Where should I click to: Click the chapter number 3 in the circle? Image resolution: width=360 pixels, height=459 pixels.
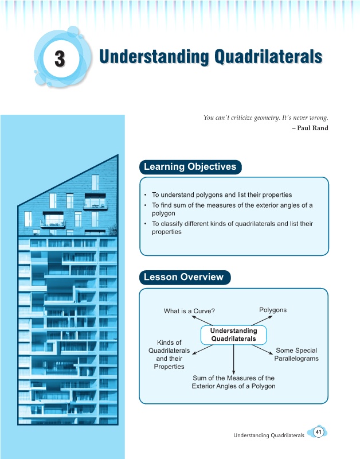60,59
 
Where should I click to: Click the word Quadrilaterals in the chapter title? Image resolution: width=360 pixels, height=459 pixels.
268,56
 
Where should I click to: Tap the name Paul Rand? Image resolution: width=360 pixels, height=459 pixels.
312,128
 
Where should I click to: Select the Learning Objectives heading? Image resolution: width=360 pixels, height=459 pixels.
190,167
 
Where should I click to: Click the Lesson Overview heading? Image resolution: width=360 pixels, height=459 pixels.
185,277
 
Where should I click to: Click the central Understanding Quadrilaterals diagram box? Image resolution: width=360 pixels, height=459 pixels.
234,335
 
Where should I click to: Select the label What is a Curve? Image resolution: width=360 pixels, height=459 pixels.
189,311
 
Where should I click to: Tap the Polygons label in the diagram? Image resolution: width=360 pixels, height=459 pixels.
273,310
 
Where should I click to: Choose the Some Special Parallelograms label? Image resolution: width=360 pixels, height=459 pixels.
296,355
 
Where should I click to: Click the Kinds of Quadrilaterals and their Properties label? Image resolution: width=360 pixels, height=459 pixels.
169,355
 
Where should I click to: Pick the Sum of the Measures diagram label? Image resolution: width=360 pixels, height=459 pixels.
233,382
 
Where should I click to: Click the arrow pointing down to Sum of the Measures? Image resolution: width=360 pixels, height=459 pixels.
233,359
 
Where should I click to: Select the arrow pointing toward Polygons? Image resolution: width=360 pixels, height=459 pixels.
262,321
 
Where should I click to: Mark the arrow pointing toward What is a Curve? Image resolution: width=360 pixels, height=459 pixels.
202,321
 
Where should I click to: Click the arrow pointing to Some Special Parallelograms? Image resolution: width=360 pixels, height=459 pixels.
263,349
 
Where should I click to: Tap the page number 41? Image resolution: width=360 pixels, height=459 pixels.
319,432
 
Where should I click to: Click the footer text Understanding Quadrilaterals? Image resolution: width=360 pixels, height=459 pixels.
269,435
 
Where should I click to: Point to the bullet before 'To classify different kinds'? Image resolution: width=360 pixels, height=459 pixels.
146,224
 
